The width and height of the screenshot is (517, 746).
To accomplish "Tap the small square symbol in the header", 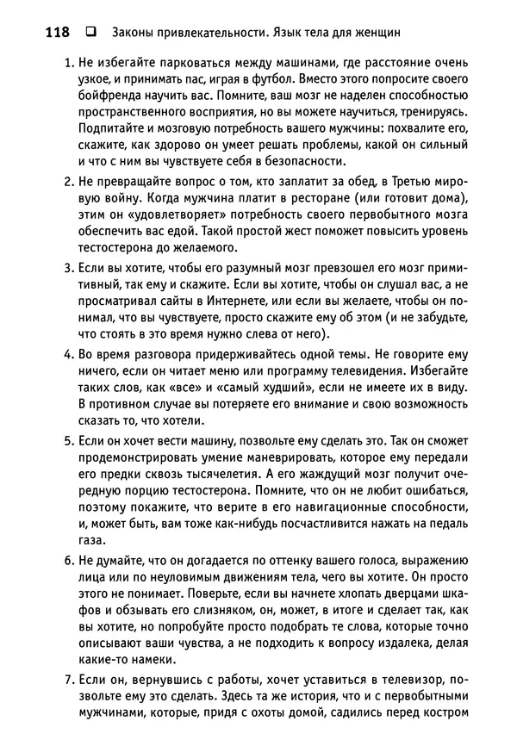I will [x=90, y=33].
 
